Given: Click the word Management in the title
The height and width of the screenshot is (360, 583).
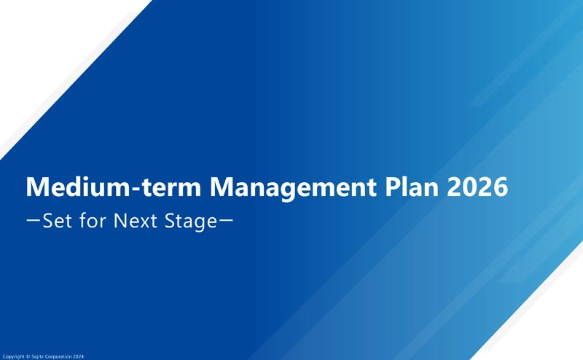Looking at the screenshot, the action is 293,188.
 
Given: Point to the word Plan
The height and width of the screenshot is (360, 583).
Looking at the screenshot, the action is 411,187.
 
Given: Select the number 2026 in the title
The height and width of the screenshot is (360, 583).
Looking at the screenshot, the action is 477,187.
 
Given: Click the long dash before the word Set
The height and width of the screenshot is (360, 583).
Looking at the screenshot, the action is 34,220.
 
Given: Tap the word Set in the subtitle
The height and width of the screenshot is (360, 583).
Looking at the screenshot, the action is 58,221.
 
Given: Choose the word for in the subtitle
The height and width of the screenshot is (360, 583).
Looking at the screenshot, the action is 93,220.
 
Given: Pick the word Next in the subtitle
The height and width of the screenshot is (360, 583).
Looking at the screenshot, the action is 136,221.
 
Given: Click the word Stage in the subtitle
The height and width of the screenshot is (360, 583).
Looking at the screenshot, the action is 191,222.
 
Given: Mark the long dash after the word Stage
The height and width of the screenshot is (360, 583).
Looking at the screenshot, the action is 226,220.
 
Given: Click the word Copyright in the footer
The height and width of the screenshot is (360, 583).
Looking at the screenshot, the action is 13,356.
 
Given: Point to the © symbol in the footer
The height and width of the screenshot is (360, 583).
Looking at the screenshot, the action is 28,356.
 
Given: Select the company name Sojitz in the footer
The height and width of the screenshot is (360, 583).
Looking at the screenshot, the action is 38,356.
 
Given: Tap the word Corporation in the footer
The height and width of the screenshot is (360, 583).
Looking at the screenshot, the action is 58,356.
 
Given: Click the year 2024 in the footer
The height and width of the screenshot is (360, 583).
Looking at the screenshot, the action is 78,356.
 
